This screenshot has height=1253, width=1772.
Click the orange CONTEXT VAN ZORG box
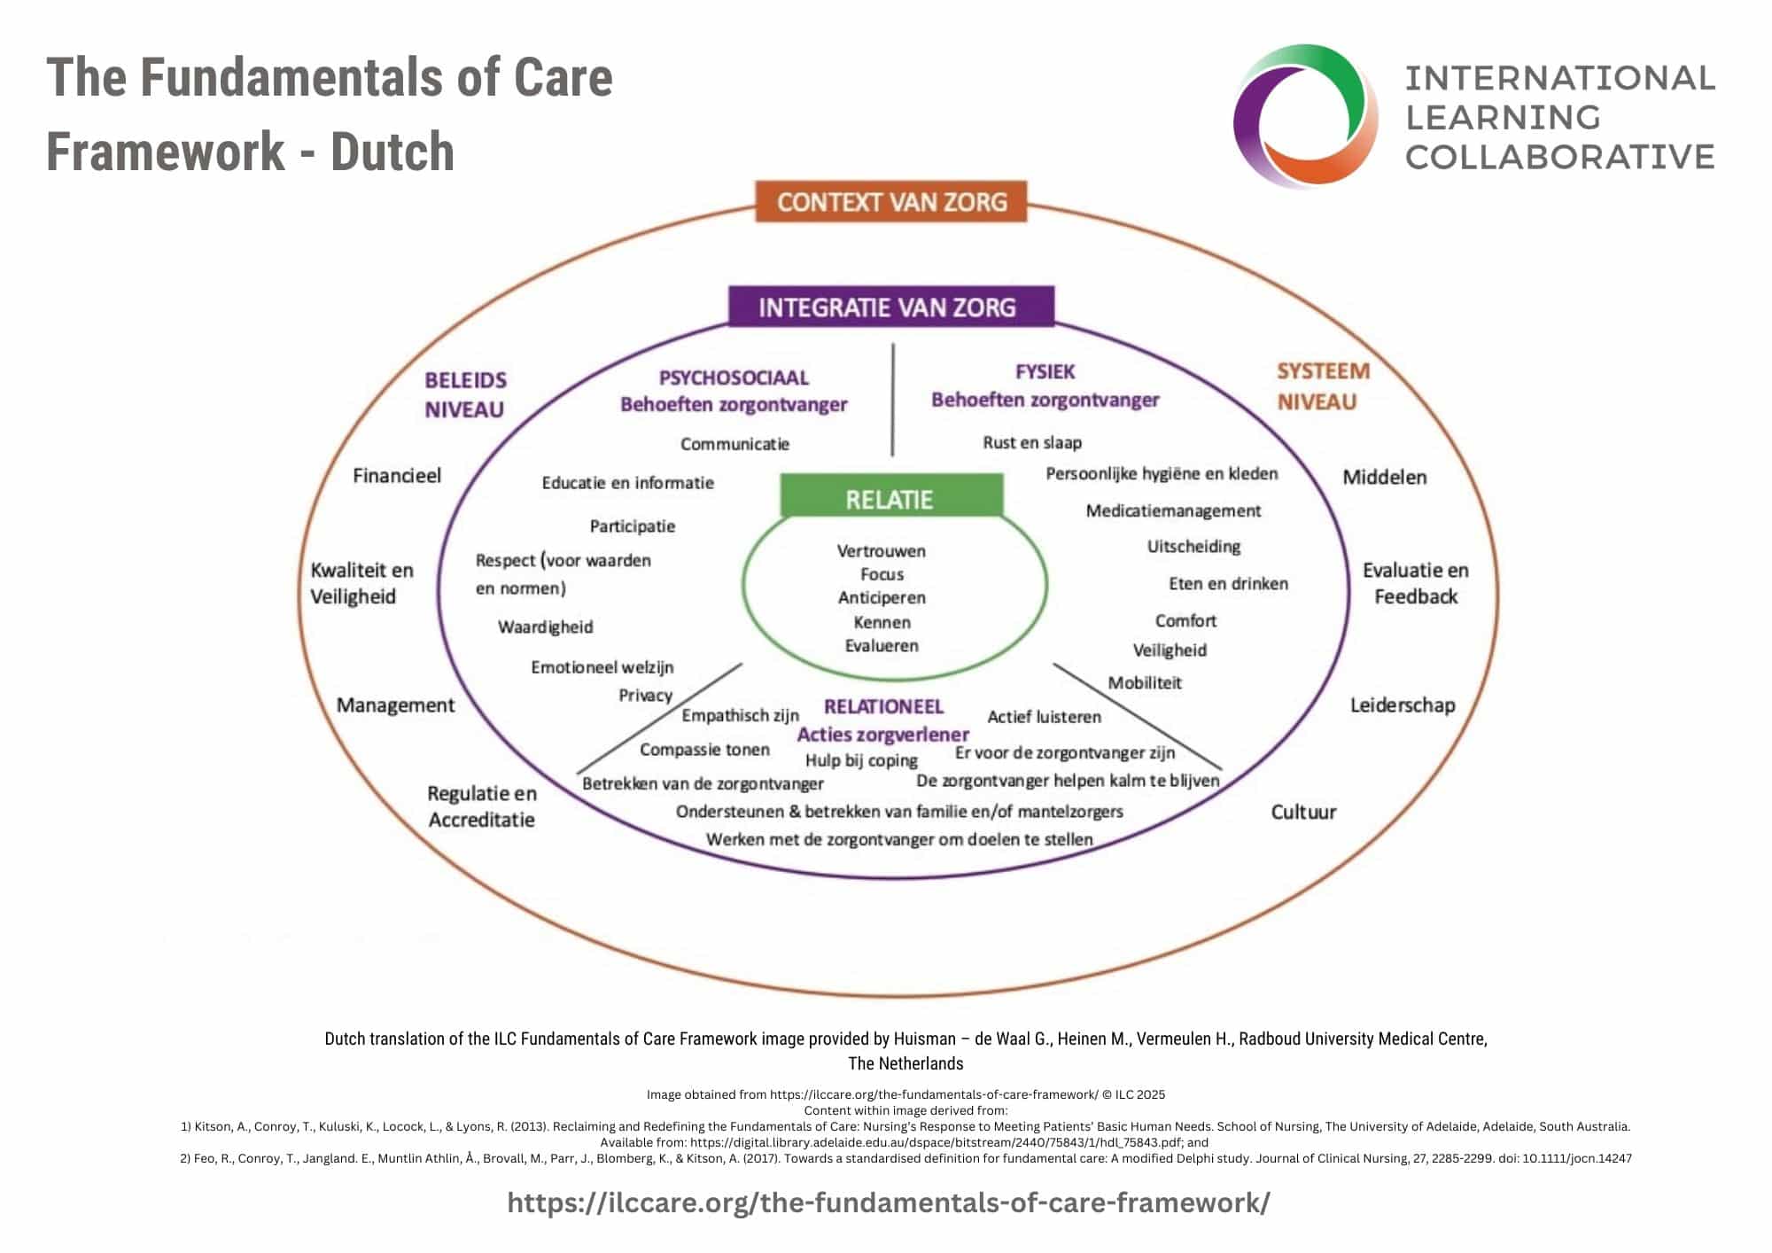pyautogui.click(x=891, y=202)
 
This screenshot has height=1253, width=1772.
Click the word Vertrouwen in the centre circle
pyautogui.click(x=882, y=551)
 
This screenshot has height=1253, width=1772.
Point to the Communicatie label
pyautogui.click(x=734, y=444)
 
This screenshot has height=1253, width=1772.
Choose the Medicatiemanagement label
pyautogui.click(x=1173, y=511)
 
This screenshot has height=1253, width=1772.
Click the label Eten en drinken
pyautogui.click(x=1228, y=584)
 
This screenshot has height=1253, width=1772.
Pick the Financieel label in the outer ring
pyautogui.click(x=397, y=476)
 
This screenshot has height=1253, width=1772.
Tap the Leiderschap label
pyautogui.click(x=1402, y=705)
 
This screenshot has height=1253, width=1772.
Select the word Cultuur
pyautogui.click(x=1303, y=812)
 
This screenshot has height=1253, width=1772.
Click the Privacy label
pyautogui.click(x=645, y=696)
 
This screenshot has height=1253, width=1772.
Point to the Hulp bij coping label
pyautogui.click(x=861, y=760)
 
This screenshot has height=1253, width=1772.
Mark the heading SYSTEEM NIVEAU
pyautogui.click(x=1322, y=386)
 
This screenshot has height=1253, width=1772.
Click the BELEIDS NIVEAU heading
pyautogui.click(x=465, y=394)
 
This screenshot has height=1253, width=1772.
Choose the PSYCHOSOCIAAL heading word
pyautogui.click(x=734, y=378)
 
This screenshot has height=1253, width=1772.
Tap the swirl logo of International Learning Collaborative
pyautogui.click(x=1305, y=116)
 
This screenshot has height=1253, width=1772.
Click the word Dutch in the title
pyautogui.click(x=392, y=152)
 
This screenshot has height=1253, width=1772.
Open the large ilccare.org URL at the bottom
pyautogui.click(x=889, y=1202)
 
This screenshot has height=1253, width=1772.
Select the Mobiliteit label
pyautogui.click(x=1145, y=683)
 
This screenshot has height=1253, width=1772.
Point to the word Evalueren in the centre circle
pyautogui.click(x=882, y=646)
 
